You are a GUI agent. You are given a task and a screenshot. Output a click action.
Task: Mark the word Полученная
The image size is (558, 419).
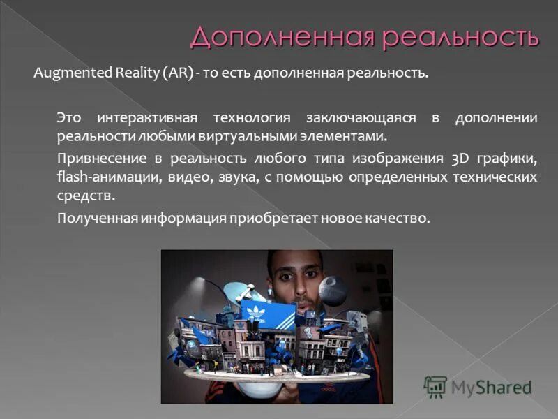97,219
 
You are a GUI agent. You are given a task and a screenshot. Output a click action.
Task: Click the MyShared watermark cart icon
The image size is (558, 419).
435,387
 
